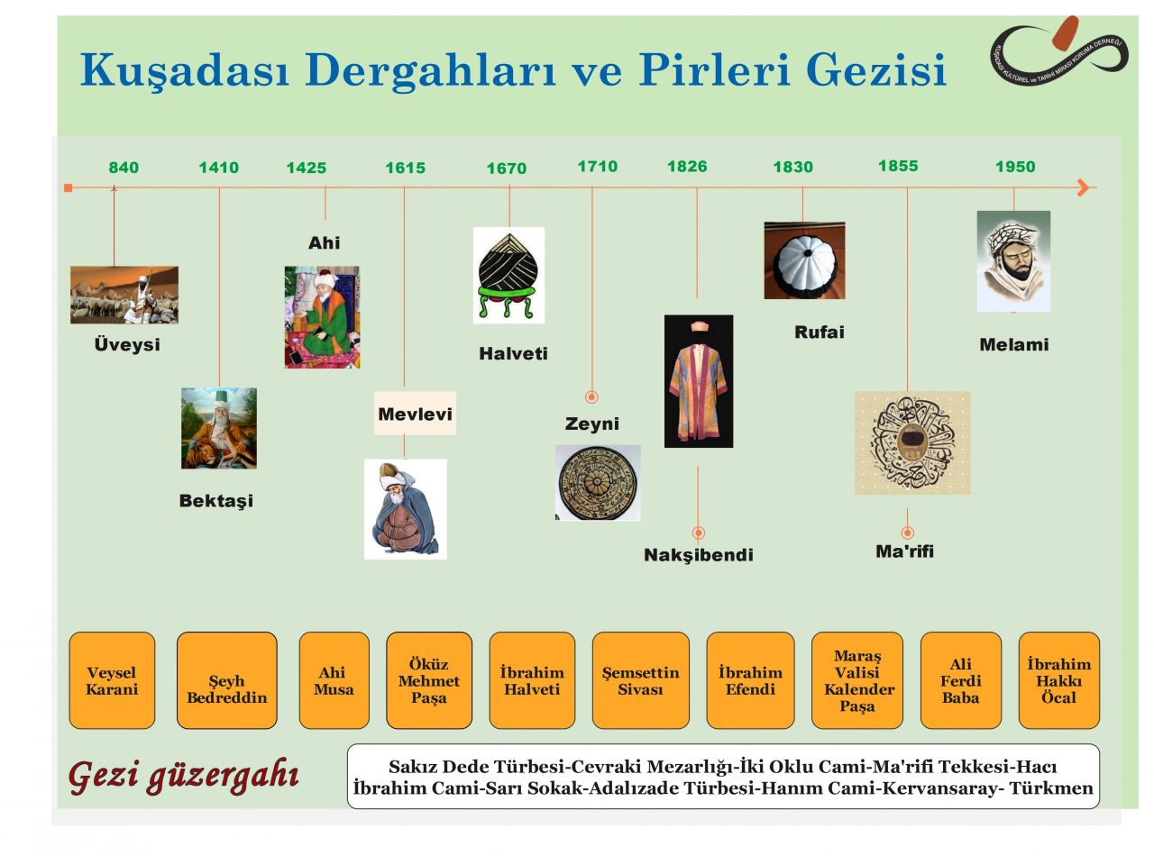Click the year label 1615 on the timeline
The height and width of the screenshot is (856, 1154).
pyautogui.click(x=405, y=168)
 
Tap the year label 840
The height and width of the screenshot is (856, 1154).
pyautogui.click(x=124, y=168)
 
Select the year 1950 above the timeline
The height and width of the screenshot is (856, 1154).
pyautogui.click(x=1014, y=167)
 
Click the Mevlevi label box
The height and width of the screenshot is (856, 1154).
pyautogui.click(x=415, y=414)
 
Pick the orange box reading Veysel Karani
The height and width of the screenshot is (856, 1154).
pyautogui.click(x=112, y=680)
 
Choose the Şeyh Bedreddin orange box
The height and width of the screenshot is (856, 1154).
pyautogui.click(x=227, y=680)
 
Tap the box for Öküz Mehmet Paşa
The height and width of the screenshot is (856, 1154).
pyautogui.click(x=429, y=680)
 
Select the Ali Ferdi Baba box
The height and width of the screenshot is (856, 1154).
pyautogui.click(x=960, y=680)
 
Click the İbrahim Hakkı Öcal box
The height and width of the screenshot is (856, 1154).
pyautogui.click(x=1058, y=680)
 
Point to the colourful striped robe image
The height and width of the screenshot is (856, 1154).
pyautogui.click(x=698, y=381)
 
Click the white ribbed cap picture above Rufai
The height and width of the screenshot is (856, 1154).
pyautogui.click(x=804, y=260)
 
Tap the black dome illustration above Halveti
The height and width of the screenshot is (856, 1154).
pyautogui.click(x=508, y=275)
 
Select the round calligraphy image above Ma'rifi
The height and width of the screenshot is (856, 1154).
pyautogui.click(x=912, y=442)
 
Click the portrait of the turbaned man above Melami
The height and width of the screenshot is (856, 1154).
pyautogui.click(x=1013, y=261)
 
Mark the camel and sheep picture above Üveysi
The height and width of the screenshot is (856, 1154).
pyautogui.click(x=124, y=295)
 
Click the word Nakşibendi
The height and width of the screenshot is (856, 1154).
pyautogui.click(x=698, y=555)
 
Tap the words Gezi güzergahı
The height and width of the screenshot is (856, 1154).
pyautogui.click(x=184, y=776)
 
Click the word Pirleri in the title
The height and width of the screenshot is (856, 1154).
pyautogui.click(x=714, y=69)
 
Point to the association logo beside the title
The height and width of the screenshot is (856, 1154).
pyautogui.click(x=1059, y=51)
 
